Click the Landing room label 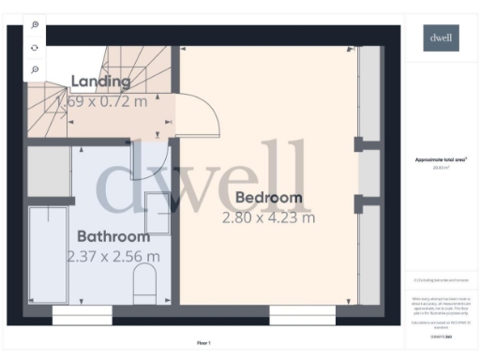pos(100,82)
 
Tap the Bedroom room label pos(268,198)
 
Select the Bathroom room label pos(113,236)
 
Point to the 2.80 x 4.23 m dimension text pos(268,217)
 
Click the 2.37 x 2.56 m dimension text pos(113,256)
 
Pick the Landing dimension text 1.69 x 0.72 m pos(102,100)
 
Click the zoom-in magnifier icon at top pos(35,25)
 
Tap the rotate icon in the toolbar pos(35,48)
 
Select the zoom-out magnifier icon pos(35,69)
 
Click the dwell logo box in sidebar pos(439,38)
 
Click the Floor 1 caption pos(203,343)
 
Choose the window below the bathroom pos(82,319)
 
